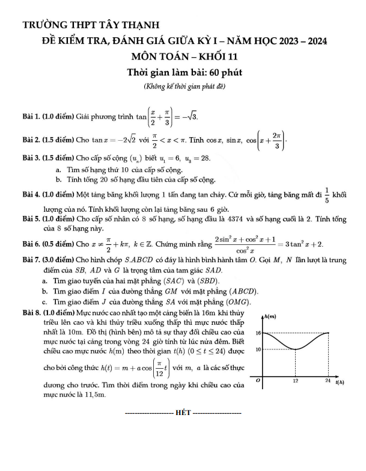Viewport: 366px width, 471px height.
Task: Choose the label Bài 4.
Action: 31,195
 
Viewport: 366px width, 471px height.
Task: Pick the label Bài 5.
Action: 31,219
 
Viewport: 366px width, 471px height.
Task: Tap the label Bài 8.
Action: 31,313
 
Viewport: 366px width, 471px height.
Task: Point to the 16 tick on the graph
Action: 257,333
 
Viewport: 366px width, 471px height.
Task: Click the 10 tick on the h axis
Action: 257,349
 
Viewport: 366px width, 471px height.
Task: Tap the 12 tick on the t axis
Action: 295,381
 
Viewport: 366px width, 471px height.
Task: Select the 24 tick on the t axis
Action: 327,381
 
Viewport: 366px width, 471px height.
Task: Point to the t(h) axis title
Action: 340,382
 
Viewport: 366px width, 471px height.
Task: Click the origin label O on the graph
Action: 258,381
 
